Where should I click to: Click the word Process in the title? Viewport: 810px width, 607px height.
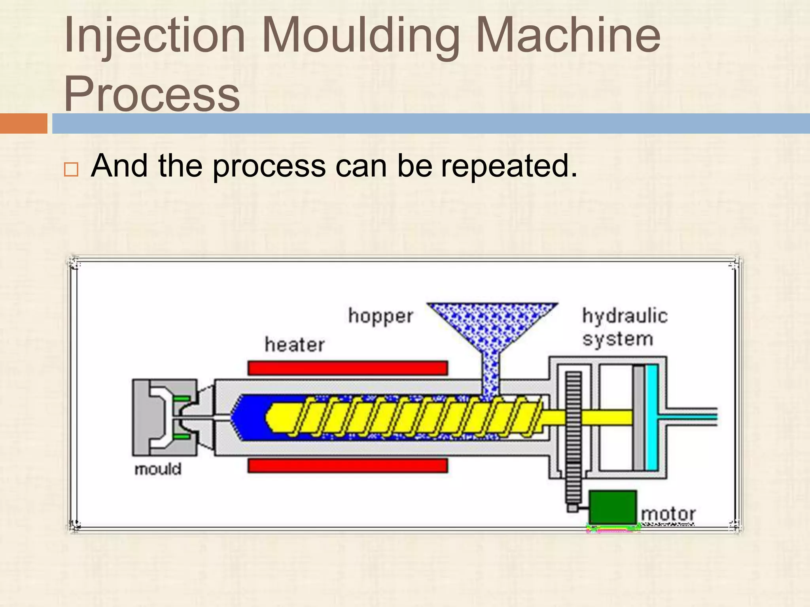point(152,94)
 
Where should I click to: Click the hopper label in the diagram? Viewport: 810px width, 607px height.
point(380,316)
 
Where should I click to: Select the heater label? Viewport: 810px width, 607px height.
point(295,345)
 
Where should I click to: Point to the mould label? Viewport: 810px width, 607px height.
point(158,469)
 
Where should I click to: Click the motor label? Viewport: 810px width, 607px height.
point(668,514)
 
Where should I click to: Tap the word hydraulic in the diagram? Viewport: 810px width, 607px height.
point(625,316)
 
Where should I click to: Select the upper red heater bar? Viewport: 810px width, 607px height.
point(348,368)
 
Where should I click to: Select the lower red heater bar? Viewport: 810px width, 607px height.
point(348,466)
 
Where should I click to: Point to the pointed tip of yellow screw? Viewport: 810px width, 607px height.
point(268,417)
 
